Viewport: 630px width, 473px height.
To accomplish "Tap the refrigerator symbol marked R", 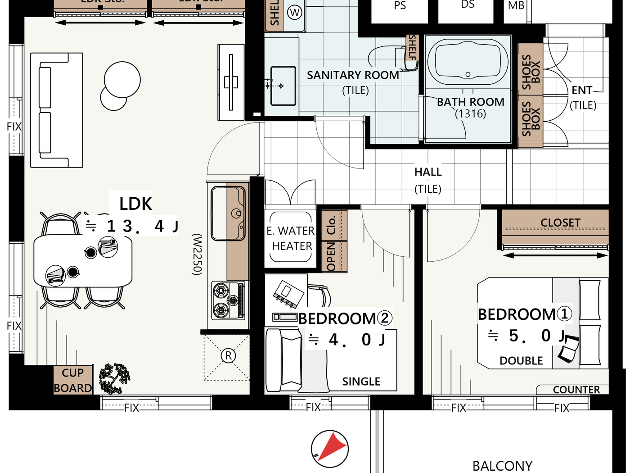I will [228, 355].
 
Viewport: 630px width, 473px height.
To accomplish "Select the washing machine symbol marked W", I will [295, 13].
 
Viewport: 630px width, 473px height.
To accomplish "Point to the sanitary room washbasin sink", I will [283, 86].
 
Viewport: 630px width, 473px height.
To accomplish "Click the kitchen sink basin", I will [227, 214].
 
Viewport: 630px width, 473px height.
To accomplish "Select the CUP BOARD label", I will [73, 380].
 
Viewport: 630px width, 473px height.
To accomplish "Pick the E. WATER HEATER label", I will [291, 238].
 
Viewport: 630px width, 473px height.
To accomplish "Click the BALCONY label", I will [502, 465].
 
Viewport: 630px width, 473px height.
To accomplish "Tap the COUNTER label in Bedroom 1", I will [576, 390].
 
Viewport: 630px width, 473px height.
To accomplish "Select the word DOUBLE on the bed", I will [521, 360].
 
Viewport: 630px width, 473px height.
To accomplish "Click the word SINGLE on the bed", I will [361, 382].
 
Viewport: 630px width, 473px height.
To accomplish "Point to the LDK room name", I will [135, 204].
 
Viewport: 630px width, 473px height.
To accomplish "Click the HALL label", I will [428, 172].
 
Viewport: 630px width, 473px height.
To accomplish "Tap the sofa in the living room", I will [56, 110].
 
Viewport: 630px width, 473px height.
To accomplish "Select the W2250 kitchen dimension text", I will [198, 254].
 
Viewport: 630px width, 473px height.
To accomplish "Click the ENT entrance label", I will [582, 91].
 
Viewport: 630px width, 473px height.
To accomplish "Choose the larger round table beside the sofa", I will [122, 80].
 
